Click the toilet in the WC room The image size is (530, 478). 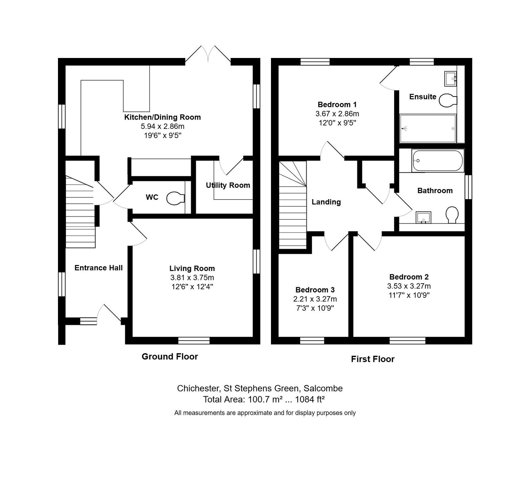coord(176,198)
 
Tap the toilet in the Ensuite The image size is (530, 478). coord(448,100)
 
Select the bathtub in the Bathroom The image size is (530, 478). coord(438,161)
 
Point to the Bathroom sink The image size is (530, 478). coord(423,217)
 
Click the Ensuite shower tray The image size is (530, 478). coord(428,128)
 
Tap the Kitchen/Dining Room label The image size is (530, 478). coord(162,117)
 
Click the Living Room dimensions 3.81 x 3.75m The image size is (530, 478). coord(192,278)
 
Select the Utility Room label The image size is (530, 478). coord(228,185)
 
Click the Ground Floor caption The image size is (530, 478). coord(170,356)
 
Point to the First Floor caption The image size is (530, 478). coord(373,359)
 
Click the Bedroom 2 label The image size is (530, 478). coord(409,277)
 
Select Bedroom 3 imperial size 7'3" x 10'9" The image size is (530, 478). coord(315,308)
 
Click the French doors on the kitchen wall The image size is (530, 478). coord(208,54)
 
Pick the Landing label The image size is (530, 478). coord(326,202)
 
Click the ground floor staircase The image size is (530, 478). coord(80,212)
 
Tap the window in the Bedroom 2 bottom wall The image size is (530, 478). coord(407,341)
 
